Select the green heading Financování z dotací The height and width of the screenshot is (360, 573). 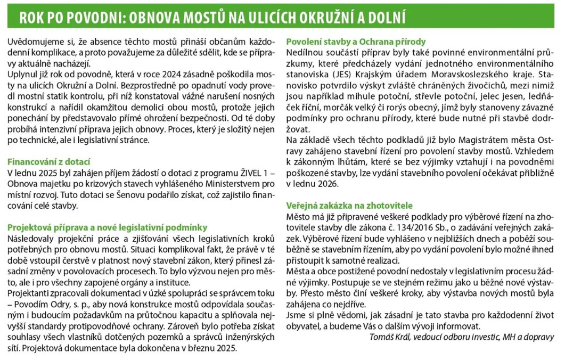tap(49, 162)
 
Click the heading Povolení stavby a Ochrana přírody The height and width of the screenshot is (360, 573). tap(356, 42)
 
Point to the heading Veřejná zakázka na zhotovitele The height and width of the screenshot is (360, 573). tap(349, 205)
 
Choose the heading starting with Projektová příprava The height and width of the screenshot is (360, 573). tap(107, 227)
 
